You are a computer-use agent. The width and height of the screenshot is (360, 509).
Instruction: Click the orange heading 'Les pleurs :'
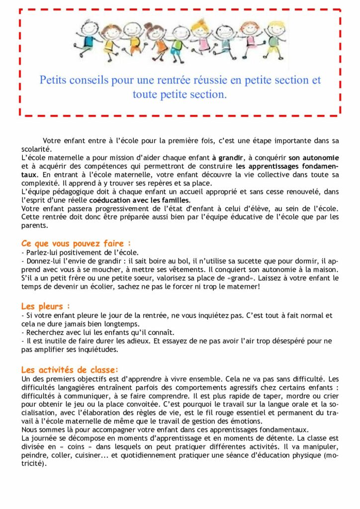45,306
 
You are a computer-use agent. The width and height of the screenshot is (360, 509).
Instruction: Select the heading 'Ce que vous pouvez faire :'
76,244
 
